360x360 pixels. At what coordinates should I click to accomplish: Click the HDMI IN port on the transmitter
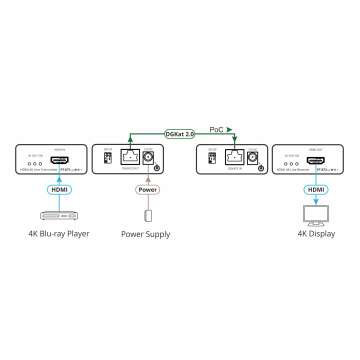[59, 160]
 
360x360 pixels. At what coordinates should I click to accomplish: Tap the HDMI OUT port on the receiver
[315, 160]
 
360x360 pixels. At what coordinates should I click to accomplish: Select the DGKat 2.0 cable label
[179, 134]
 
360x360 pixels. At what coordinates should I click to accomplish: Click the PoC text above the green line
[215, 130]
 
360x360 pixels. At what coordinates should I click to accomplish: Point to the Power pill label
[147, 189]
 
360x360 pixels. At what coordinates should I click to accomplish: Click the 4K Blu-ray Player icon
[59, 215]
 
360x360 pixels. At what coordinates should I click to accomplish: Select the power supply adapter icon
[147, 215]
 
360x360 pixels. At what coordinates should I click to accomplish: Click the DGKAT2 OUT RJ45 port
[130, 158]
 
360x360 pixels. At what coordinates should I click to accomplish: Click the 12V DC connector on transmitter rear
[148, 158]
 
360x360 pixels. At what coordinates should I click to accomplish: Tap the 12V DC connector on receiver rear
[252, 158]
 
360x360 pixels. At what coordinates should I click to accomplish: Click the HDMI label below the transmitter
[59, 189]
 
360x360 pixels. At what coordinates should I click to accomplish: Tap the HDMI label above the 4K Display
[315, 189]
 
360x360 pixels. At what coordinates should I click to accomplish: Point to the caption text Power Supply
[145, 234]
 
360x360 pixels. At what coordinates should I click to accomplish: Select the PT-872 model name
[321, 170]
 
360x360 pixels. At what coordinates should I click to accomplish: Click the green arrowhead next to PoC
[229, 130]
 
